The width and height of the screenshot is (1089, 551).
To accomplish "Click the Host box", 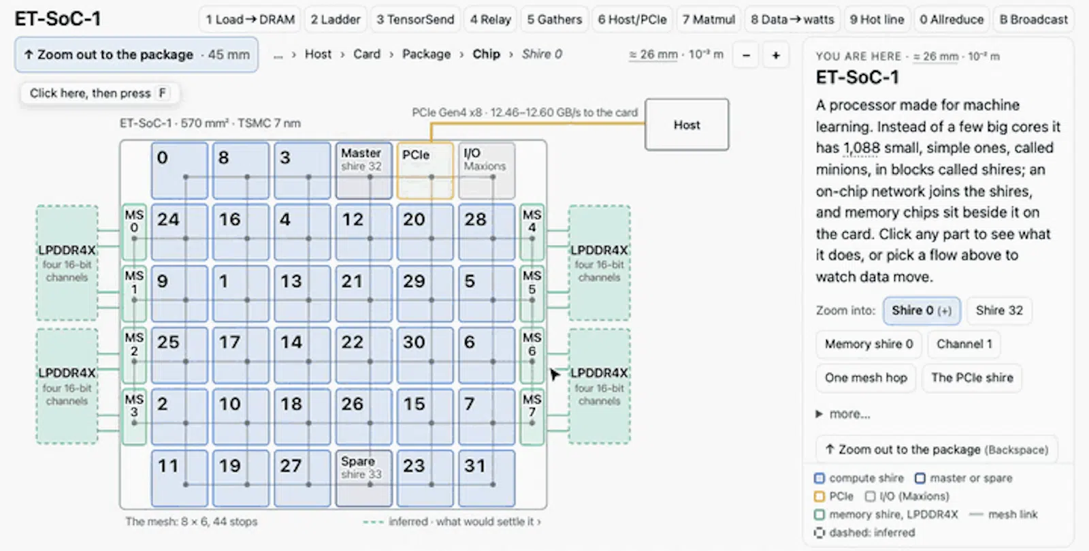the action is pos(687,125).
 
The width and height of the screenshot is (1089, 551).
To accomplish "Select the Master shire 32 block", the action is pos(363,170).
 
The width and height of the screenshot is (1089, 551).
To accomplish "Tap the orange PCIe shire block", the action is pos(425,170).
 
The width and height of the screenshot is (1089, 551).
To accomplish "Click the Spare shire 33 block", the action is pos(363,479).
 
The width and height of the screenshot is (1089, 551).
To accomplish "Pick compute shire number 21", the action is pos(363,294).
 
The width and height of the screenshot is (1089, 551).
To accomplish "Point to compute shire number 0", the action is pos(180,170).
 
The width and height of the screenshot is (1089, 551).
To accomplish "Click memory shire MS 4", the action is pos(532,232).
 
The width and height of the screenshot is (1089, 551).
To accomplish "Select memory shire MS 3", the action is pos(134,417).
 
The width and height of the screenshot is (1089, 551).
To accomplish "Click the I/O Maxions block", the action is pos(487,170).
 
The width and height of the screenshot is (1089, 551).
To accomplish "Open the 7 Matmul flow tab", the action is pos(709,20).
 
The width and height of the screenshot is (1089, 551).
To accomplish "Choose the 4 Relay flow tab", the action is pos(490,20).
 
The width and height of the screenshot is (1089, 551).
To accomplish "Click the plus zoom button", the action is pos(776,55).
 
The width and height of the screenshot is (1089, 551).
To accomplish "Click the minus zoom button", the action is pos(746,55).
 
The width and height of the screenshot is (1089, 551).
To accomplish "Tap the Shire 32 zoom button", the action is pos(999,311).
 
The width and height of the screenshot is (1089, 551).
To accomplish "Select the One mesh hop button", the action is pos(866,378).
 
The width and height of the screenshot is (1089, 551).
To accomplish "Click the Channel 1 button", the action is pos(964,345).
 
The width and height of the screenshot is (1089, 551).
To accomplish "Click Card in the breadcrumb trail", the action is pos(367,54).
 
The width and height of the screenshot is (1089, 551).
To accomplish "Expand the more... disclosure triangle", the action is pos(819,414).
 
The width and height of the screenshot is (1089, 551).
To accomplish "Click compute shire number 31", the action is pos(487,479).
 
